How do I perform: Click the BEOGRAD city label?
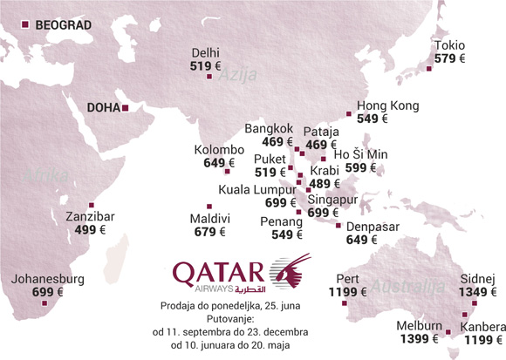click(62, 25)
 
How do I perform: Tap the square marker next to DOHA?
click(126, 108)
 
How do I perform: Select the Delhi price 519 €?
click(207, 65)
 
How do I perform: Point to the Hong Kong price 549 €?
click(372, 119)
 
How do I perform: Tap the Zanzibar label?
click(84, 216)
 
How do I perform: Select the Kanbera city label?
click(484, 327)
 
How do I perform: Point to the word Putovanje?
click(240, 319)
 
